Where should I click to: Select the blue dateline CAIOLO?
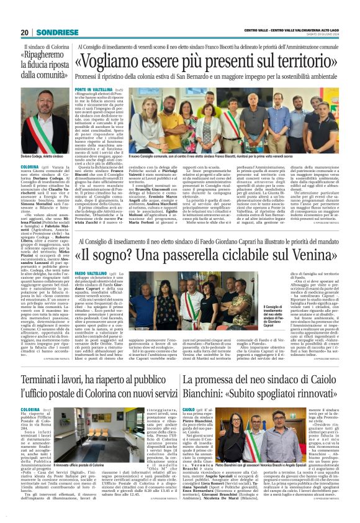189,409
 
